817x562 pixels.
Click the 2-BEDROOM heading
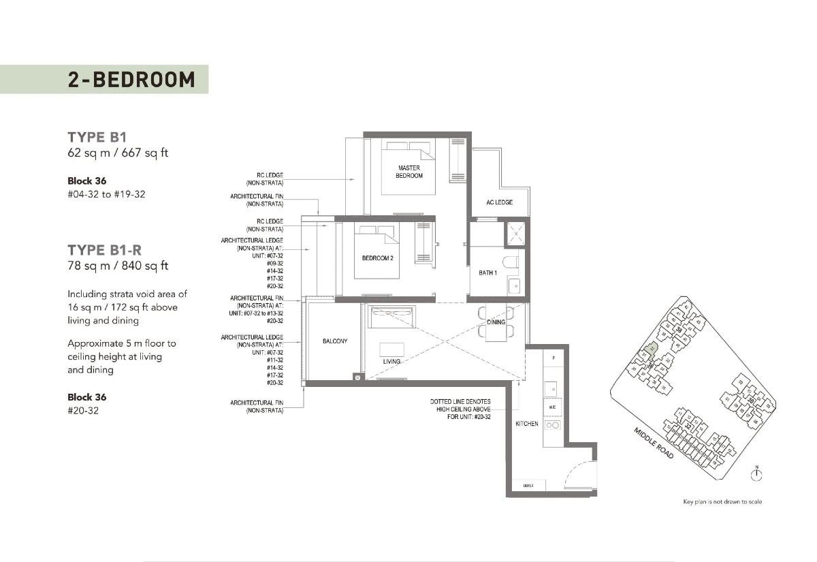[131, 80]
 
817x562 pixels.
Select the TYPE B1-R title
[104, 249]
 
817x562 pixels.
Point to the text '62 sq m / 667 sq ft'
[118, 153]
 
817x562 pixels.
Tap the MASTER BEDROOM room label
[408, 172]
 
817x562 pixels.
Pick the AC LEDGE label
[499, 202]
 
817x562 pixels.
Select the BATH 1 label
[487, 272]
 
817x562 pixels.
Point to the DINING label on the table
[496, 322]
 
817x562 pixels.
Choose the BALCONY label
[335, 341]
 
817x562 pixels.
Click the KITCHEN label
[526, 424]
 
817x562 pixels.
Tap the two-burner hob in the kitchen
[552, 425]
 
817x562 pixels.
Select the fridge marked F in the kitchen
[554, 358]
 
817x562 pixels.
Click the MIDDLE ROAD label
[654, 443]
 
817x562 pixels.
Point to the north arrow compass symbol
[756, 473]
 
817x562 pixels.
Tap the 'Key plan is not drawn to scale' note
[722, 502]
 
